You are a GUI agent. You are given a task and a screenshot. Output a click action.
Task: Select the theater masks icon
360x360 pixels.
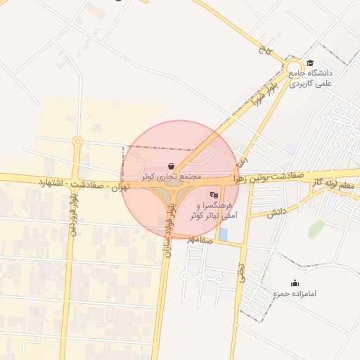coord(214,195)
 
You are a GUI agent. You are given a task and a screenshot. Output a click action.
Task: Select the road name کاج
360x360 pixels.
coord(264,50)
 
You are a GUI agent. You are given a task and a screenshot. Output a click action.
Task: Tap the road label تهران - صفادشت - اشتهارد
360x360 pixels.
coord(85,184)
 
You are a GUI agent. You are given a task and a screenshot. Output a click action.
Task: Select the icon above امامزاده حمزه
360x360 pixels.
coord(294,283)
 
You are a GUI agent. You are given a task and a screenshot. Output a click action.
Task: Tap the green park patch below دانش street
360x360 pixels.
coord(316,230)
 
